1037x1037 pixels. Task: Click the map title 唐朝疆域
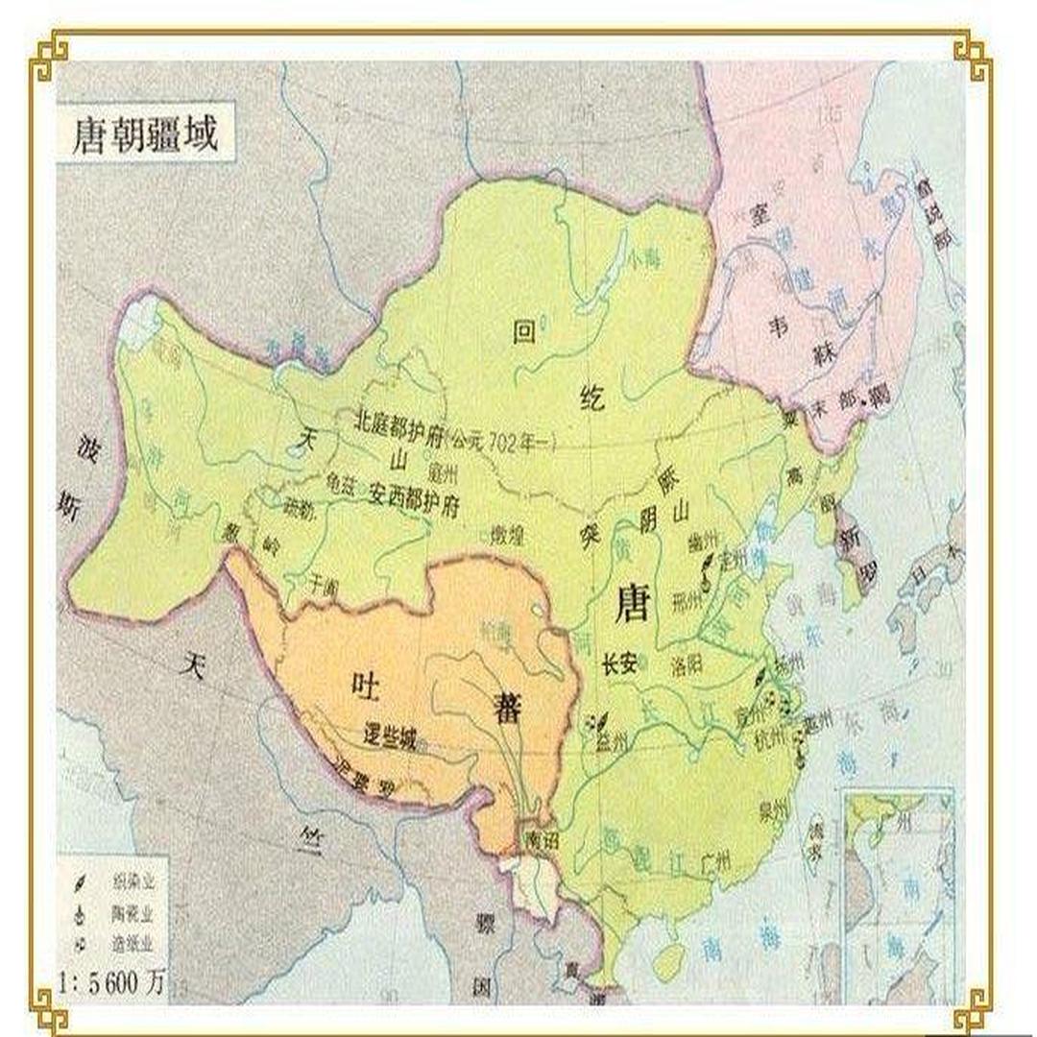coord(145,135)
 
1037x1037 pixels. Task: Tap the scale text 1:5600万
coord(112,982)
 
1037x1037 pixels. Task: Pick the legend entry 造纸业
coord(133,944)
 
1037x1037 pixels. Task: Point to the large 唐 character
coord(634,605)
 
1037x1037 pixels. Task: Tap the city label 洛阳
coord(694,663)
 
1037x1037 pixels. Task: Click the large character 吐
coord(368,686)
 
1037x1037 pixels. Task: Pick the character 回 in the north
coord(523,332)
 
